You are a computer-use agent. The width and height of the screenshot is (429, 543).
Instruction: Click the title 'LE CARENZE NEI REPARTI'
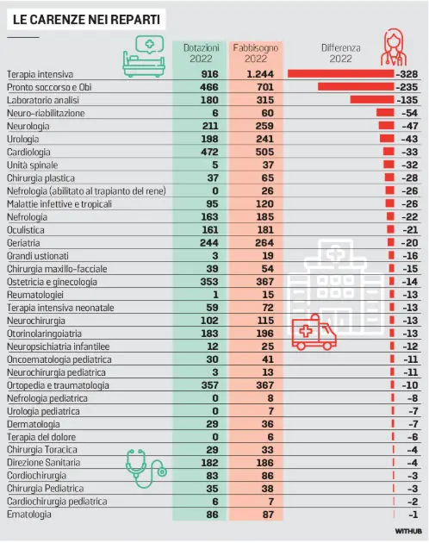tap(86, 19)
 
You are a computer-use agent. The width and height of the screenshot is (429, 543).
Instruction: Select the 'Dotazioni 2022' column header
tap(202, 53)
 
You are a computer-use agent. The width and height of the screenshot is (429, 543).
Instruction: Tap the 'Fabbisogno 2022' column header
tap(256, 53)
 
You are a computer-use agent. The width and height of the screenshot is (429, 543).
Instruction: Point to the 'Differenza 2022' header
tap(341, 53)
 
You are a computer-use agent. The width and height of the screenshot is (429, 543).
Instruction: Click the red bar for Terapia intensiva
tap(341, 74)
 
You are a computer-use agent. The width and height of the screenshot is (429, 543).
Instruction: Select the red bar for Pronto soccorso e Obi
tap(356, 86)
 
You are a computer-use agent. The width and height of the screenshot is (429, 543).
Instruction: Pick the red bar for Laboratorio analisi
tap(372, 100)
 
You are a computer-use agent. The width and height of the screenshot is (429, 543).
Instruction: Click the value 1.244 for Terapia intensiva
tap(259, 74)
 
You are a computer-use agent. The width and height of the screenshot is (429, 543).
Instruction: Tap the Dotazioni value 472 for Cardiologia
tap(209, 152)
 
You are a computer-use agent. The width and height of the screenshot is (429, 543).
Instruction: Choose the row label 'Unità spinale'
tap(32, 165)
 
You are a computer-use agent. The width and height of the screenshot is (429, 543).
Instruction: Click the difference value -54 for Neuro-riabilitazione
tap(409, 113)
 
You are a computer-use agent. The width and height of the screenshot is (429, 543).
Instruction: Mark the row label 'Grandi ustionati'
tap(38, 256)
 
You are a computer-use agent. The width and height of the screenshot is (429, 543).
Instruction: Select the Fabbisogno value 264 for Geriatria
tap(264, 243)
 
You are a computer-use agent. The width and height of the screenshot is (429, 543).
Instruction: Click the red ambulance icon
tap(314, 333)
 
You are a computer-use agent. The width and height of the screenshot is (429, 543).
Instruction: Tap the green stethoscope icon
tap(146, 468)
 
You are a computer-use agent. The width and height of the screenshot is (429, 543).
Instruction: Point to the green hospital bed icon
tap(144, 56)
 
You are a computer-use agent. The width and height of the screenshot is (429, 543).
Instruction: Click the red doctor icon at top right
tap(394, 47)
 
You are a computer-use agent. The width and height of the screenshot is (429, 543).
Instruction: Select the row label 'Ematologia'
tap(29, 515)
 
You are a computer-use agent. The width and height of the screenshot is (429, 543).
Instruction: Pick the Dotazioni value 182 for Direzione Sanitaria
tap(209, 463)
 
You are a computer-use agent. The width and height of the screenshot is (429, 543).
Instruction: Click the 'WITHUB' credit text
tap(408, 531)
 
